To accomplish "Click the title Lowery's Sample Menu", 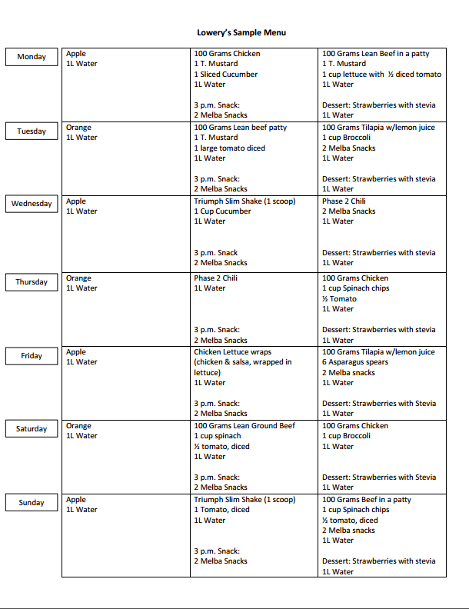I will [x=241, y=32].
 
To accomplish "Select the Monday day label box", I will [x=32, y=57].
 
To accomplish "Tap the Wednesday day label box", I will [x=32, y=204].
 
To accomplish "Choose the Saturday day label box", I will [x=32, y=429].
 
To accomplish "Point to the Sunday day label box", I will [x=32, y=503].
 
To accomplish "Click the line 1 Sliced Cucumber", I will [x=225, y=75].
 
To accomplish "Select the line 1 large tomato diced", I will [x=229, y=148].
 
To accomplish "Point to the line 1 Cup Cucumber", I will [x=222, y=211].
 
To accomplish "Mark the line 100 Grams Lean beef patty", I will [x=240, y=128].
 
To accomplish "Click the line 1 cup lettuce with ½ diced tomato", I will [x=381, y=75].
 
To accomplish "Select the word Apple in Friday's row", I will [x=76, y=352].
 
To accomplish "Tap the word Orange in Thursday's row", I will [x=78, y=278].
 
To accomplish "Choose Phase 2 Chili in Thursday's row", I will [x=216, y=278].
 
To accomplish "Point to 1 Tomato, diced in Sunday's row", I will [x=221, y=510].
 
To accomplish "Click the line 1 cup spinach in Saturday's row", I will [x=217, y=436].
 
